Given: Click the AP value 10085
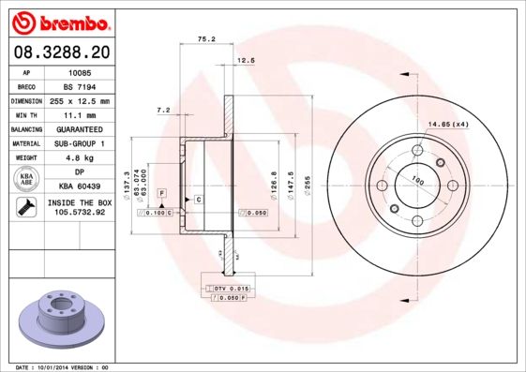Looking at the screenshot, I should click(x=79, y=71).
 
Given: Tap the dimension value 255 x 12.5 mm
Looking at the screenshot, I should click(x=80, y=100).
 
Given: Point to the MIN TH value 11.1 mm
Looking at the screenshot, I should click(x=79, y=114).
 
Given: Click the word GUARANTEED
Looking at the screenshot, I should click(x=79, y=129).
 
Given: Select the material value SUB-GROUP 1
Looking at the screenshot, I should click(x=79, y=143).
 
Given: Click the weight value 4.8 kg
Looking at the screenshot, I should click(x=79, y=158).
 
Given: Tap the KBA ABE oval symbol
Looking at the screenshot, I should click(x=26, y=179).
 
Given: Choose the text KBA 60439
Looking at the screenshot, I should click(x=79, y=187).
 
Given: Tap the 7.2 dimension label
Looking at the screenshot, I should click(x=162, y=111).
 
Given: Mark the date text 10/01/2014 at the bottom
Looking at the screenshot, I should click(x=63, y=367).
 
